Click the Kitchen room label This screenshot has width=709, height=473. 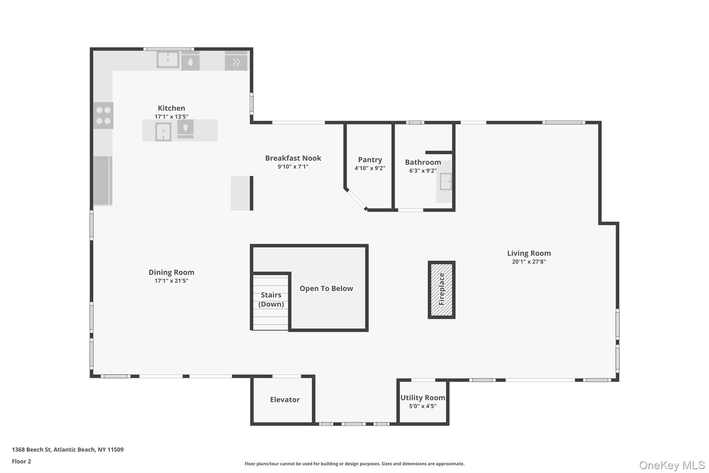[171, 108]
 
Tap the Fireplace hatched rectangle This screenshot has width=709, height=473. [441, 289]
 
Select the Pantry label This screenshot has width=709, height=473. [370, 160]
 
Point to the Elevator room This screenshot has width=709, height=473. [285, 400]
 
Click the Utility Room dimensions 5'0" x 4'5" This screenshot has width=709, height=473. [423, 406]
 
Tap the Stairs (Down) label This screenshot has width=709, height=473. [271, 299]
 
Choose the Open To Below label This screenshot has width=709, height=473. [326, 288]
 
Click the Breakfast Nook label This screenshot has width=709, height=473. [293, 158]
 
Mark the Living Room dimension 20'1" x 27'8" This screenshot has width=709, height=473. [529, 262]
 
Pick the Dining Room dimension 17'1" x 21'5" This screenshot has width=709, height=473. [171, 281]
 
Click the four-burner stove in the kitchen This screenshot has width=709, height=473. [103, 115]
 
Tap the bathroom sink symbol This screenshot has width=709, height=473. [446, 182]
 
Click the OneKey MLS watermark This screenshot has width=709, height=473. [672, 465]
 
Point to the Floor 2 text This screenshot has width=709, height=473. [21, 461]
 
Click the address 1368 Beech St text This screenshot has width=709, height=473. [68, 449]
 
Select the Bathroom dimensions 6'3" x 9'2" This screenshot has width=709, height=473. [423, 170]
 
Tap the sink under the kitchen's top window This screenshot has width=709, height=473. [168, 60]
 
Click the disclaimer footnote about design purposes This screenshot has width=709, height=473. [354, 464]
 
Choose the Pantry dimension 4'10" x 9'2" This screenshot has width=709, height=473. [370, 168]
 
